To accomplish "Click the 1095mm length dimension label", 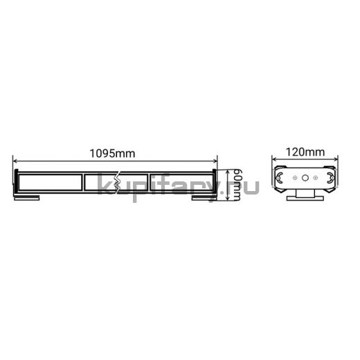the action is click(112, 154).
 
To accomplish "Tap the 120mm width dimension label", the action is click(305, 152).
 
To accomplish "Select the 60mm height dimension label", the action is click(237, 185).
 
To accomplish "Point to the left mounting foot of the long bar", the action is click(26, 198).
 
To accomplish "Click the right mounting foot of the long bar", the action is click(204, 198).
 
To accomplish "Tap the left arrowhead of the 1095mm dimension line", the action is click(15, 161).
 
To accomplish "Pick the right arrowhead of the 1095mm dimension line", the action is click(215, 161).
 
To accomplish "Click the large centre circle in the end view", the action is click(305, 178).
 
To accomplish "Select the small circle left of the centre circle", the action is click(295, 178).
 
